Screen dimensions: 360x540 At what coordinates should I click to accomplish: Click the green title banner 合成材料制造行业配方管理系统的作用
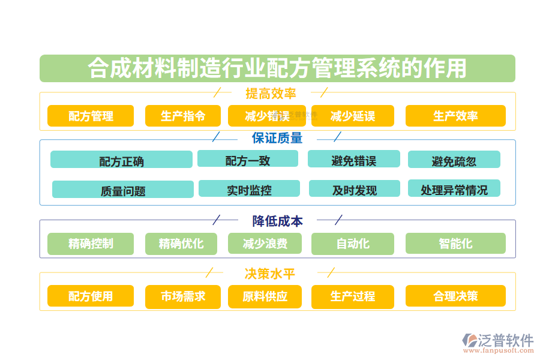point(277,68)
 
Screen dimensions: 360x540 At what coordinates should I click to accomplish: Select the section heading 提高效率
point(271,93)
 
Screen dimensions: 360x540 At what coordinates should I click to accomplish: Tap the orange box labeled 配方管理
point(91,116)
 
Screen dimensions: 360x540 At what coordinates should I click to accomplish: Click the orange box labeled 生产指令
point(183,116)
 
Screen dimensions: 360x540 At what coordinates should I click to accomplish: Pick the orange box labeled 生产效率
point(455,116)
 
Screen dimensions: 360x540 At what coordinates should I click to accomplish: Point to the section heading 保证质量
point(277,138)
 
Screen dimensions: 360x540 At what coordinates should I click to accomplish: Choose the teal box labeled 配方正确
point(121,160)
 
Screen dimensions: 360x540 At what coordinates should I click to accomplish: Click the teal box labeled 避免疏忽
point(454,160)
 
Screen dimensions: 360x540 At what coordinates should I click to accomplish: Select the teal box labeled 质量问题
point(123,190)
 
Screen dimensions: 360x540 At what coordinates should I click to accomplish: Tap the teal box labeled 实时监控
point(249,189)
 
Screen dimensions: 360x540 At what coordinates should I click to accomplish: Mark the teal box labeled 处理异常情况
point(454,189)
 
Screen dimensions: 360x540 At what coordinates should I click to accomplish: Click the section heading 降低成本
point(277,221)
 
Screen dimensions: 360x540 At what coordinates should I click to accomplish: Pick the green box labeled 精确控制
point(91,244)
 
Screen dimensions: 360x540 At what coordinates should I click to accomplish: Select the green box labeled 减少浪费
point(265,244)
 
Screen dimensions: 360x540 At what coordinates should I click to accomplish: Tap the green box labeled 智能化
point(455,244)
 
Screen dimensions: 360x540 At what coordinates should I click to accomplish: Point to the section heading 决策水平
point(269,274)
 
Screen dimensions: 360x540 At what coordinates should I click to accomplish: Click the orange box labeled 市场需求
point(183,296)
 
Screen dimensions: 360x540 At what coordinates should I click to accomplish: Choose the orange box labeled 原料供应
point(265,296)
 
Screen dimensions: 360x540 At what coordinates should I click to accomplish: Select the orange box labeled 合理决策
point(455,296)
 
